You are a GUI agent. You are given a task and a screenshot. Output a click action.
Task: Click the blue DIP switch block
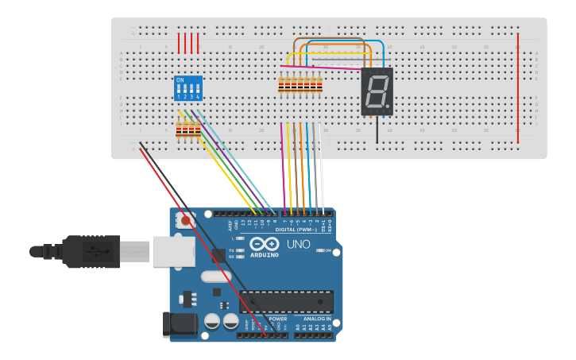point(188,88)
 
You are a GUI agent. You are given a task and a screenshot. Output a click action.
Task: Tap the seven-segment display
point(377,92)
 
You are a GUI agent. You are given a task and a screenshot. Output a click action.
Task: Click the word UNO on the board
point(298,244)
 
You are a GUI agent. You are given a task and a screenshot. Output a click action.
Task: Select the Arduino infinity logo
point(264,244)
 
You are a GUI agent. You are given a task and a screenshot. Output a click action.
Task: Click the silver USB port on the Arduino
point(173,251)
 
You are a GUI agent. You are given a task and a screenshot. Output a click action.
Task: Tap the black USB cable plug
point(91,252)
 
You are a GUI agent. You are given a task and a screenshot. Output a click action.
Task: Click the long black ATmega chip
point(286,302)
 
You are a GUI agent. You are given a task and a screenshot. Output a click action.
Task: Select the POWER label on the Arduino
point(277,319)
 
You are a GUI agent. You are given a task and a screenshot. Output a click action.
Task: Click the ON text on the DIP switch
point(180,80)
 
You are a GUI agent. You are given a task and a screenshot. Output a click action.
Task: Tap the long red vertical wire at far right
point(518,87)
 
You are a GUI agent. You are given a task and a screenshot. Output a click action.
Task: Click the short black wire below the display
point(377,130)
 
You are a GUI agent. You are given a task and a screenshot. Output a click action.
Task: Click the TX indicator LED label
point(231,250)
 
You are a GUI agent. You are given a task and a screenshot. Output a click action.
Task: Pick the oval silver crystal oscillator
point(216,277)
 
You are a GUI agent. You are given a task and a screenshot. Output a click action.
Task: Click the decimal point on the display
point(389,106)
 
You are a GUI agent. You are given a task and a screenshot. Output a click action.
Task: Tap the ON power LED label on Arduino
point(327,250)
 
